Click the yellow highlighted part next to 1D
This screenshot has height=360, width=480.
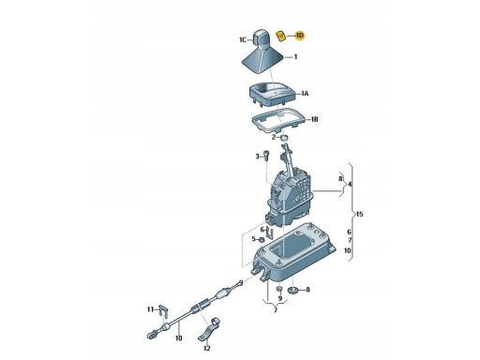pyautogui.click(x=282, y=37)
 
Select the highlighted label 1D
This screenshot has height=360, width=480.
pyautogui.click(x=299, y=36)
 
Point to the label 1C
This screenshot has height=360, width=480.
pyautogui.click(x=243, y=39)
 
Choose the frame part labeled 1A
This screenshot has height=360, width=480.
pyautogui.click(x=273, y=94)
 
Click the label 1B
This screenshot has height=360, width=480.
pyautogui.click(x=314, y=119)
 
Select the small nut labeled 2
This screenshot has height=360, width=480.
pyautogui.click(x=284, y=138)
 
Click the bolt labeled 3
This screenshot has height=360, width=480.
pyautogui.click(x=265, y=156)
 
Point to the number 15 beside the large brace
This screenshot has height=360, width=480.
pyautogui.click(x=359, y=215)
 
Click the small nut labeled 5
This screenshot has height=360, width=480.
pyautogui.click(x=262, y=240)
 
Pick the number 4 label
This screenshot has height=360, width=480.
pyautogui.click(x=350, y=185)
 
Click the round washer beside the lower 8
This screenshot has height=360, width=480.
pyautogui.click(x=293, y=290)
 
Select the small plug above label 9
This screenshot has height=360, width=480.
pyautogui.click(x=279, y=288)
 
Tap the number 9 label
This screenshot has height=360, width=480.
pyautogui.click(x=280, y=298)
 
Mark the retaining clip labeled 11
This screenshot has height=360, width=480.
pyautogui.click(x=163, y=311)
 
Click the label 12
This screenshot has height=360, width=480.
pyautogui.click(x=207, y=348)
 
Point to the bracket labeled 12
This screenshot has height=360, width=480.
pyautogui.click(x=210, y=329)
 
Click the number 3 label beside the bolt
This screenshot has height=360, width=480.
pyautogui.click(x=258, y=157)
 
